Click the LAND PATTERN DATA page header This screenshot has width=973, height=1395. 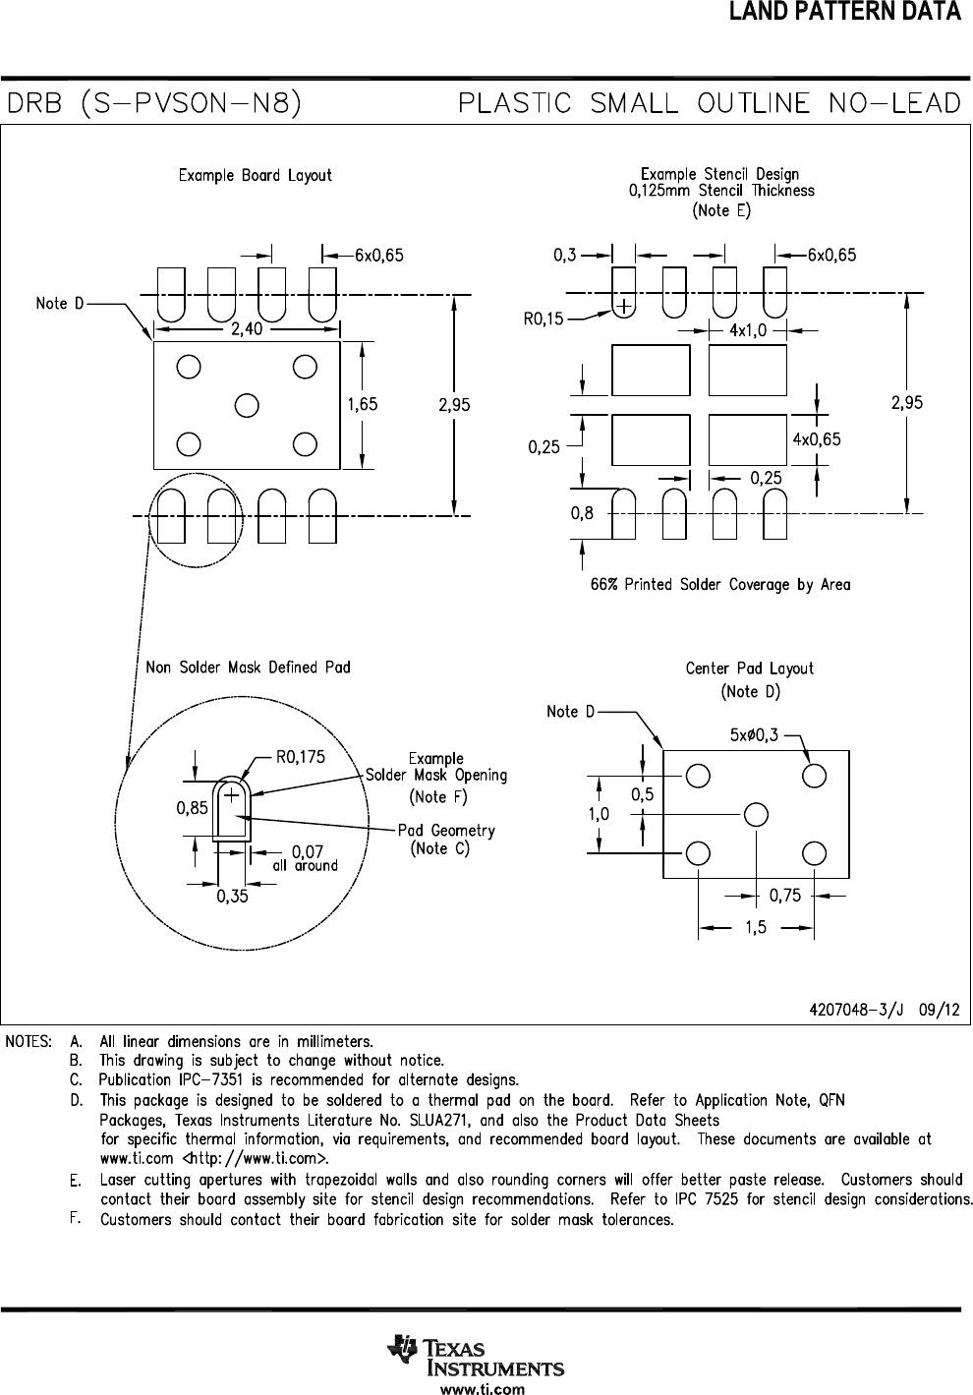click(845, 11)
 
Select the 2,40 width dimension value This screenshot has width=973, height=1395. click(247, 328)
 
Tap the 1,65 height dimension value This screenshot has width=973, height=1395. click(363, 404)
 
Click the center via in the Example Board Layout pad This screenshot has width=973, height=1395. click(247, 405)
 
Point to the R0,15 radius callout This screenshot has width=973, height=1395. click(543, 319)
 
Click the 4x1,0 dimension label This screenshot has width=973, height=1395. click(748, 330)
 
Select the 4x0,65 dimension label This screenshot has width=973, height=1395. click(816, 439)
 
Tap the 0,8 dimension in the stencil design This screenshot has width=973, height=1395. click(582, 513)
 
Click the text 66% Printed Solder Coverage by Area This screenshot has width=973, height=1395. click(720, 584)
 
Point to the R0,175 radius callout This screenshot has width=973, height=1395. click(301, 757)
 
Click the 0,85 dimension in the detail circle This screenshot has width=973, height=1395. click(192, 808)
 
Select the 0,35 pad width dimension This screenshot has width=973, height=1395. click(232, 897)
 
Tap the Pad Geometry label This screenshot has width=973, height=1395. click(446, 830)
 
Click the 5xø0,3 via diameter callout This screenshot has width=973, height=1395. click(754, 735)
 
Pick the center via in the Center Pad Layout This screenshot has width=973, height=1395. click(756, 815)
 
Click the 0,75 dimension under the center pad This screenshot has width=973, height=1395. click(785, 896)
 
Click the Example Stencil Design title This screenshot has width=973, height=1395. click(719, 174)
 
